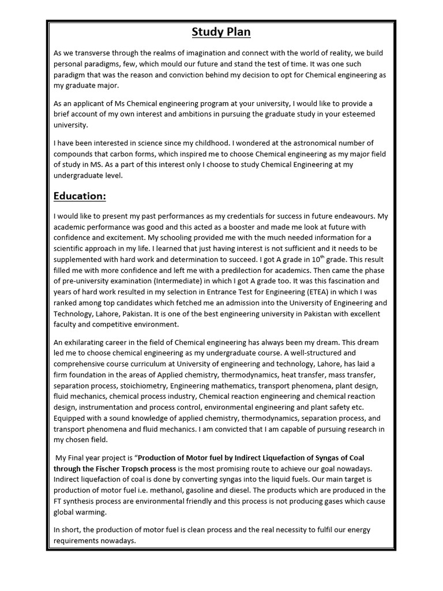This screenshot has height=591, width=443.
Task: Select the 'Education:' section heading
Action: click(80, 196)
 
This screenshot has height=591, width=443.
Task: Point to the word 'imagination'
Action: click(212, 53)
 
